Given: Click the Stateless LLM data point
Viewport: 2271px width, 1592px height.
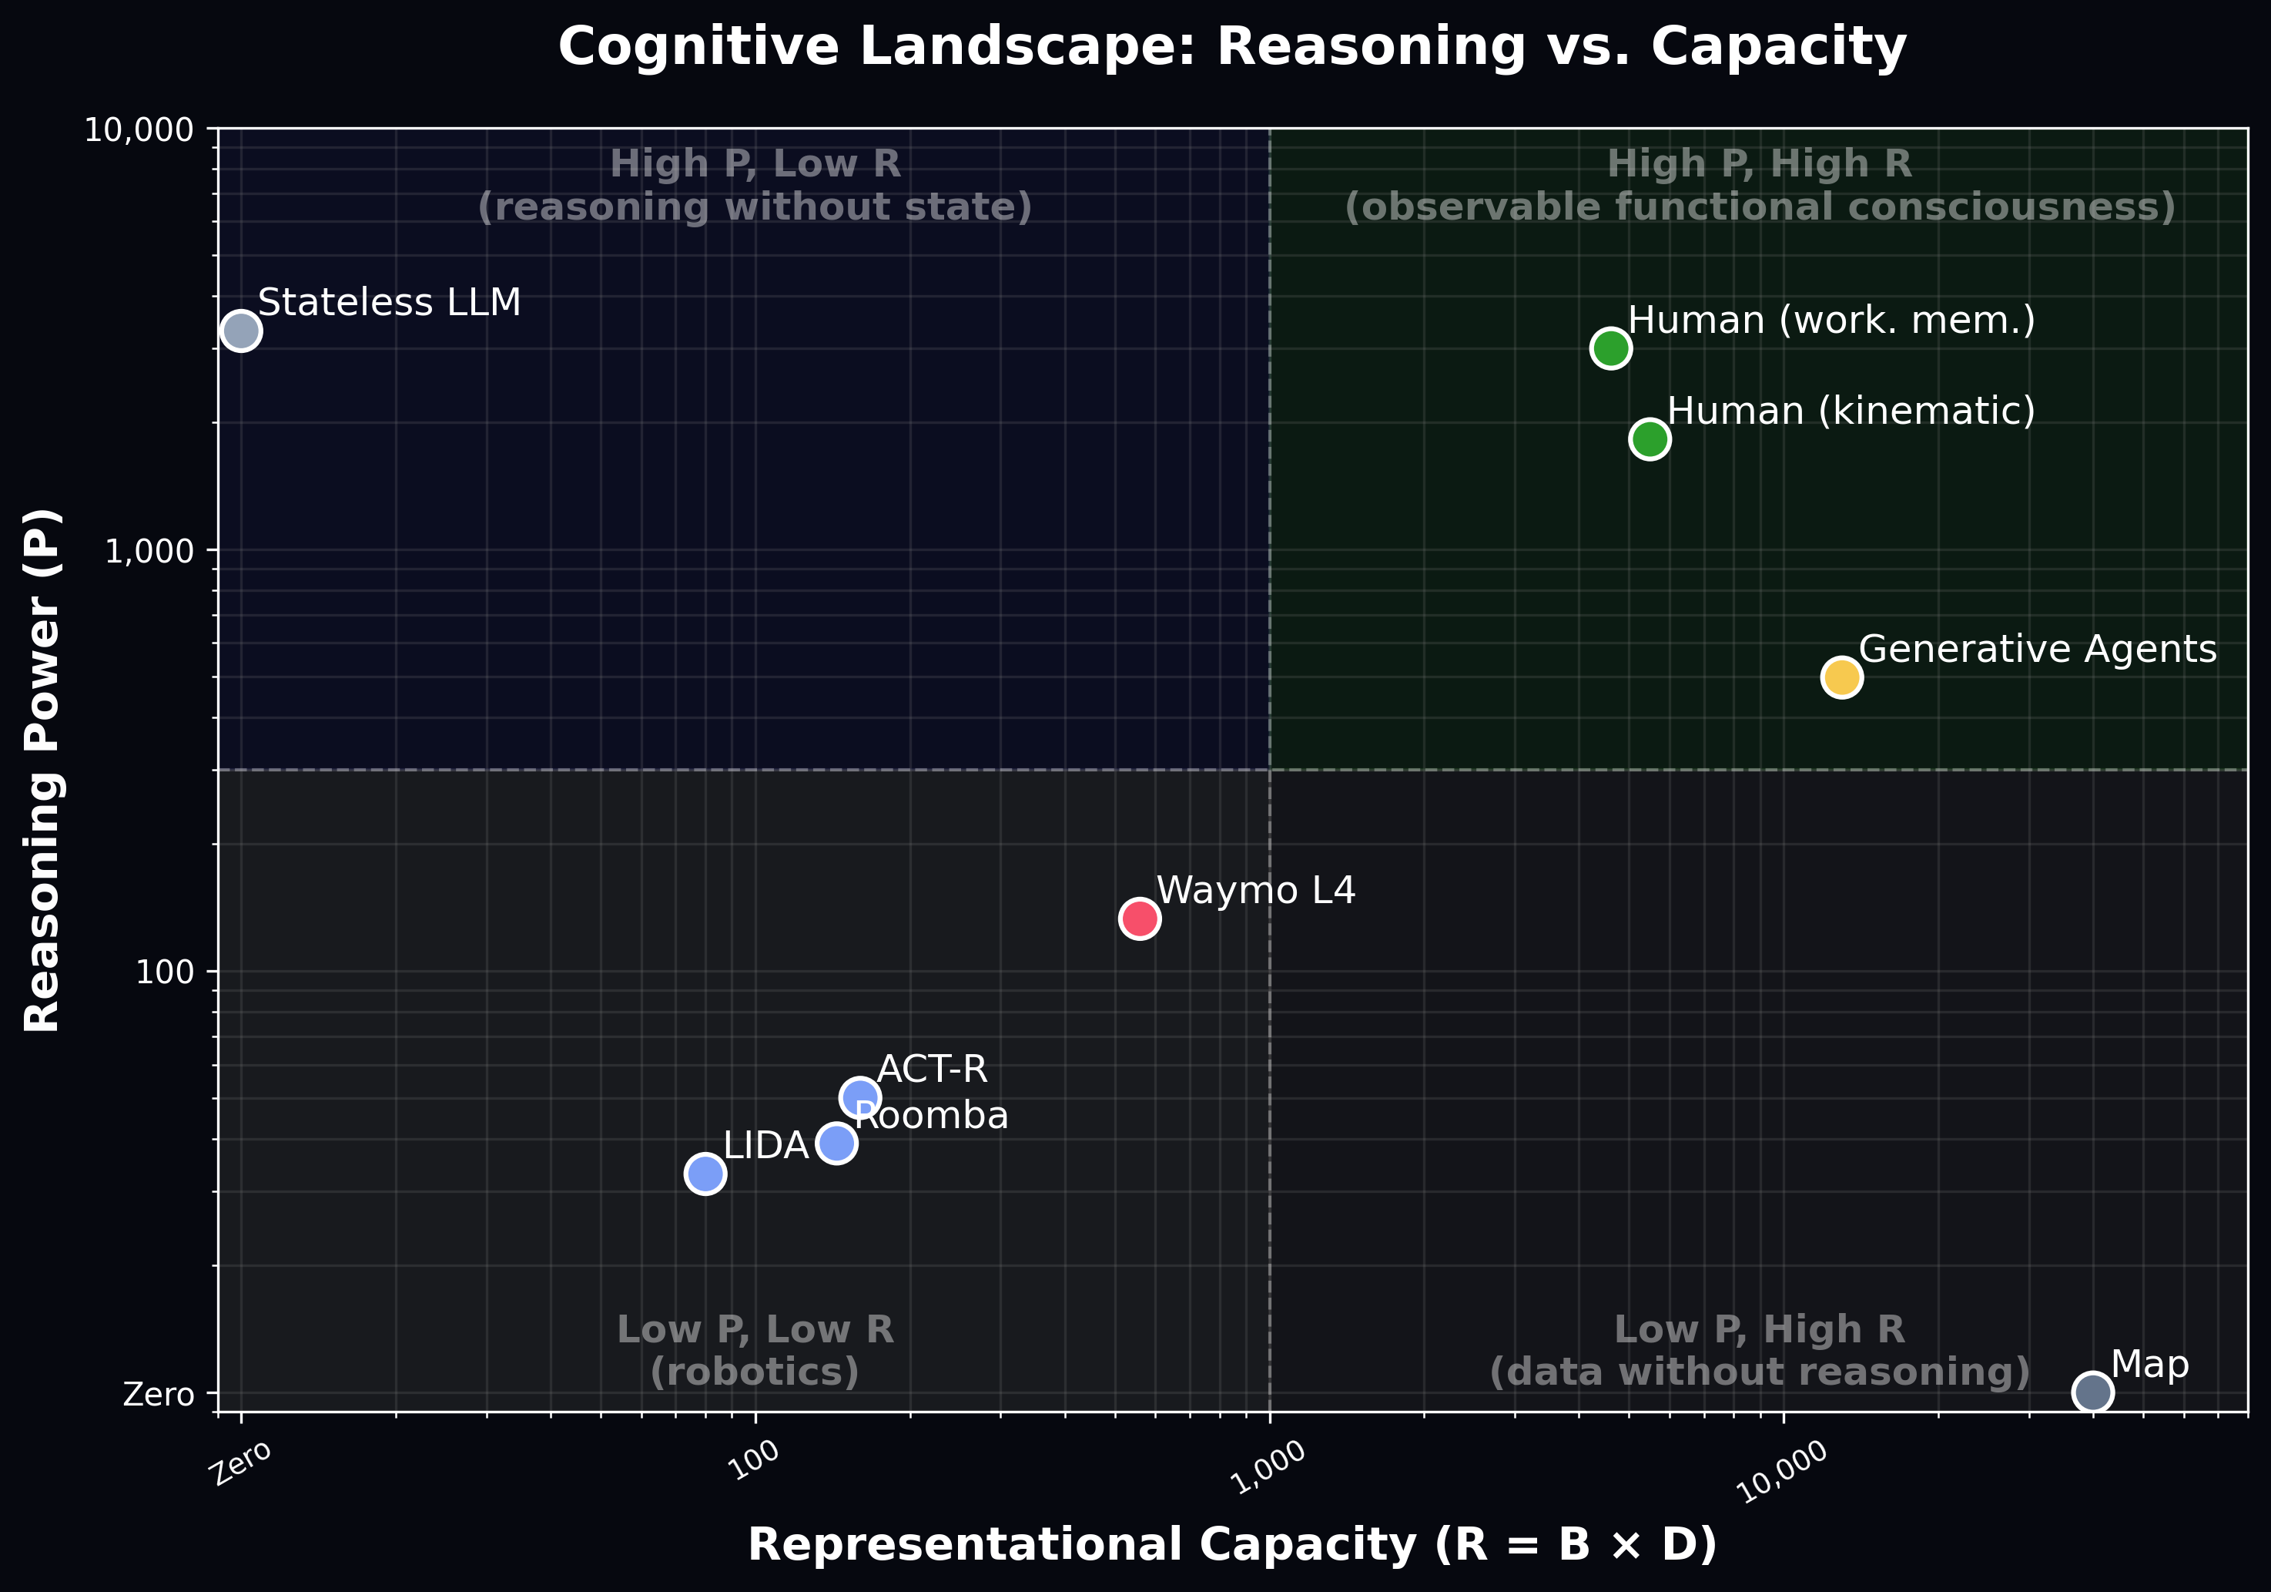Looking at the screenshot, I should pyautogui.click(x=241, y=331).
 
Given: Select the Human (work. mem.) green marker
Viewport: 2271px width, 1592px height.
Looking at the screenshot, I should pyautogui.click(x=1610, y=348).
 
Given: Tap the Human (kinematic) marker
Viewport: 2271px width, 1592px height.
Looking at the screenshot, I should pyautogui.click(x=1650, y=438).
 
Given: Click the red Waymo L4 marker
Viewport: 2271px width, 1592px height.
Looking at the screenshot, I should pyautogui.click(x=1140, y=919).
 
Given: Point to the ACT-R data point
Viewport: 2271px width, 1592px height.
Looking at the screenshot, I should pyautogui.click(x=859, y=1097).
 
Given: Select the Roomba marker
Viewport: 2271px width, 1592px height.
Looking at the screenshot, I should pyautogui.click(x=837, y=1144).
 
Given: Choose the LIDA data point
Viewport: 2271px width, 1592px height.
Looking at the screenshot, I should pyautogui.click(x=704, y=1174).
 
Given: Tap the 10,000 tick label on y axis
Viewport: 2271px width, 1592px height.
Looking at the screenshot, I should pyautogui.click(x=139, y=129).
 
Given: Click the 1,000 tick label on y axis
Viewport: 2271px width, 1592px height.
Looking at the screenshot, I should pyautogui.click(x=149, y=551).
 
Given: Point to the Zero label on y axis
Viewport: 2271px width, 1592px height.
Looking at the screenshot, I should pyautogui.click(x=159, y=1394).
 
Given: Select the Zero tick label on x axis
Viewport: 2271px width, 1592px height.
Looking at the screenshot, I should pyautogui.click(x=241, y=1463).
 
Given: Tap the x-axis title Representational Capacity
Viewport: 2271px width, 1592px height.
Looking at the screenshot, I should pyautogui.click(x=1231, y=1544).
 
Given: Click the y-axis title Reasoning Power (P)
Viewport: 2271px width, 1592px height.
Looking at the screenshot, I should pyautogui.click(x=42, y=770).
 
